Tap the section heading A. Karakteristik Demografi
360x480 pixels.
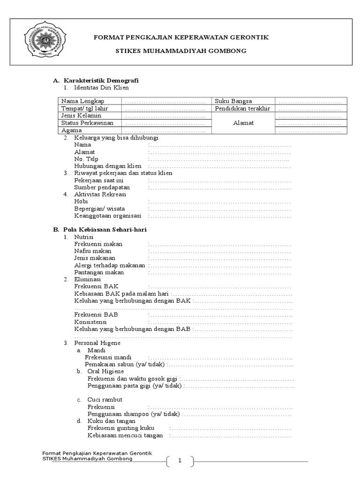(x=96, y=81)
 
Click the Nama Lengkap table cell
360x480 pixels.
(x=82, y=101)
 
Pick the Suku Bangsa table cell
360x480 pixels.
(x=233, y=101)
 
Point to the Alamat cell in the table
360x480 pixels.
(x=244, y=123)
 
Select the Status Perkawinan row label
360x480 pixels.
(x=87, y=123)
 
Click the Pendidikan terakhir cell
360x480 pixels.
(x=243, y=108)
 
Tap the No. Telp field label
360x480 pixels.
(x=86, y=159)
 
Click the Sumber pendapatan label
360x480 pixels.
(x=102, y=187)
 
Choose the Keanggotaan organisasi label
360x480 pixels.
(x=108, y=216)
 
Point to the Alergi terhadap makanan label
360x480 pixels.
(x=110, y=265)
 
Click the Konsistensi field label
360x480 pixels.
(x=90, y=322)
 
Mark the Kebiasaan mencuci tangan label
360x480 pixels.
(x=125, y=435)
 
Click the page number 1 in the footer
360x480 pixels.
(x=180, y=461)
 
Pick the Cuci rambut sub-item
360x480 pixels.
(x=105, y=400)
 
